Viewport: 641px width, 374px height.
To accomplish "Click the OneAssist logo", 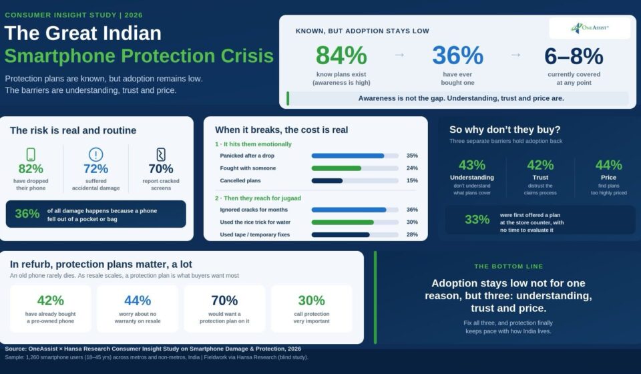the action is [x=590, y=28].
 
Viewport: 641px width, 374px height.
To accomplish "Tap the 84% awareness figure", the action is [x=341, y=55].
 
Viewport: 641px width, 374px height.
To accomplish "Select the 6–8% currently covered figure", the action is [x=574, y=56].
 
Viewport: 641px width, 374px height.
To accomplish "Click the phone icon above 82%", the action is [x=31, y=154].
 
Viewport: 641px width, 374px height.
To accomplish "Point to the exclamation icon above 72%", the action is [x=95, y=154].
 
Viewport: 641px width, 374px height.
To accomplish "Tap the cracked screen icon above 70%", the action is [x=161, y=154].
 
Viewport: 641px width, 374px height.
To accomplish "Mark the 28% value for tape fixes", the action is [x=412, y=234].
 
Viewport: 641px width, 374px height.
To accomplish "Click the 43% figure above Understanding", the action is [x=472, y=165].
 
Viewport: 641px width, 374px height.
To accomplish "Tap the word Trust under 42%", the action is [x=540, y=178].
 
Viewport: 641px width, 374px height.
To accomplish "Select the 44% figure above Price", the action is [x=608, y=165].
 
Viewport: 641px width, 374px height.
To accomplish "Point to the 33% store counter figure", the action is [x=477, y=220].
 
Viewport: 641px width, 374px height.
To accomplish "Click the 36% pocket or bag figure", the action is [x=27, y=213].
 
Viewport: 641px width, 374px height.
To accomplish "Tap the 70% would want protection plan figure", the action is [x=224, y=301].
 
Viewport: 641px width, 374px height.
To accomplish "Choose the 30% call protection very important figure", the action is [x=312, y=301].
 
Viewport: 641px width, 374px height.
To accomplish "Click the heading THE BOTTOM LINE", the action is [x=509, y=266].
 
